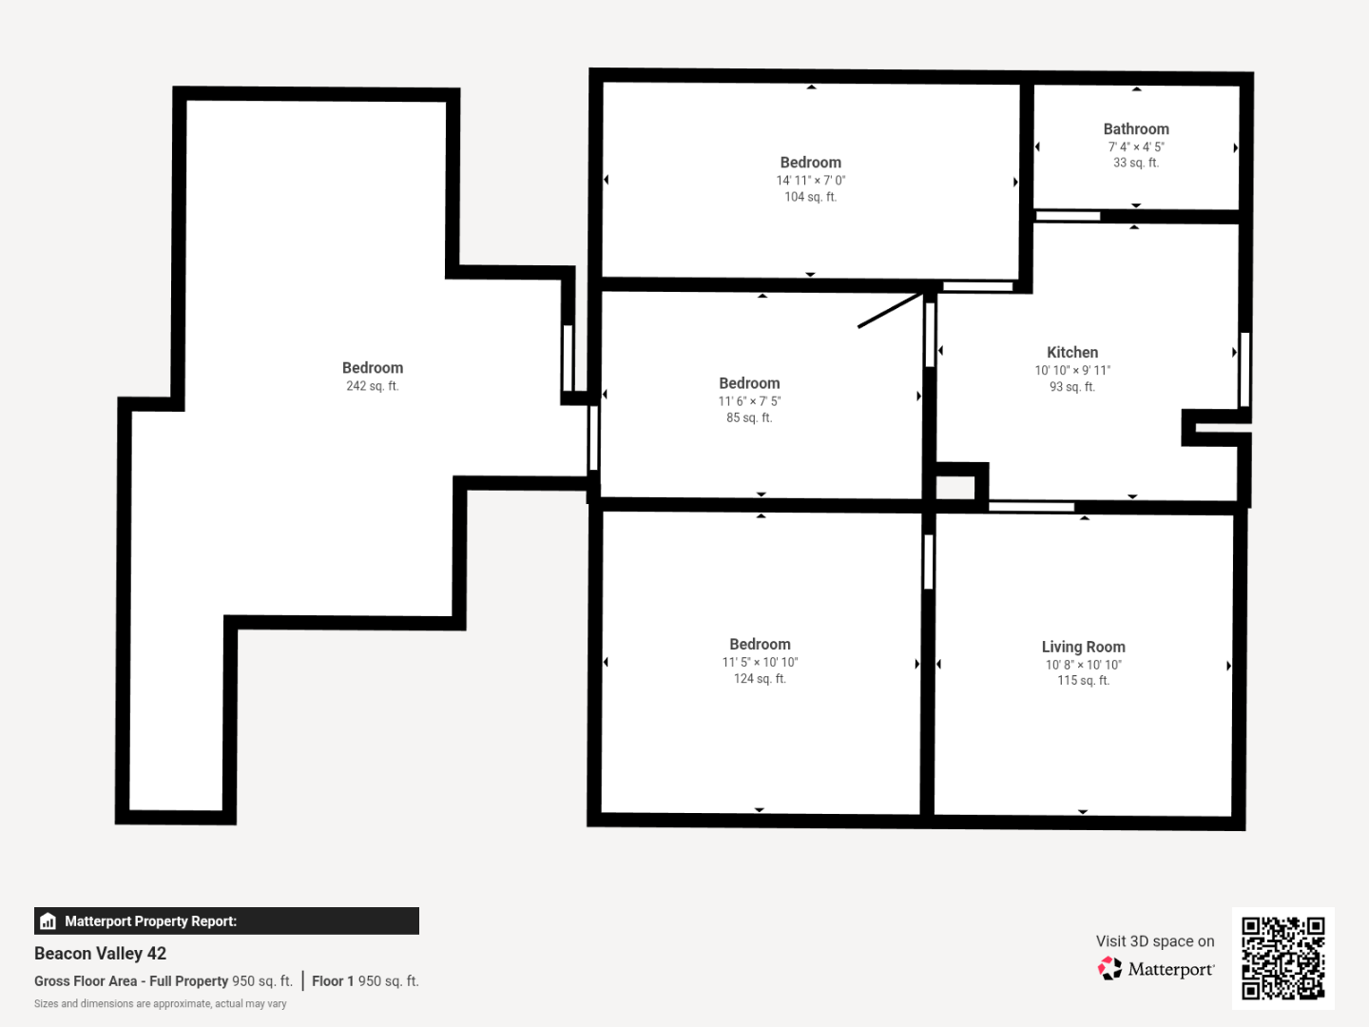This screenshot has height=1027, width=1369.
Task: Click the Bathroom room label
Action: [x=1136, y=129]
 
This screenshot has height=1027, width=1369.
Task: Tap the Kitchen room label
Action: [x=1072, y=352]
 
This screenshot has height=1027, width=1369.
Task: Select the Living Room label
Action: [x=1084, y=647]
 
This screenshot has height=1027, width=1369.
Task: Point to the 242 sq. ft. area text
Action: [x=373, y=386]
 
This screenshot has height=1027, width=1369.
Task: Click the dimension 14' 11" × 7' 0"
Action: [x=810, y=181]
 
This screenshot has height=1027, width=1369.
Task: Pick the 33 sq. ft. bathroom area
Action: [x=1136, y=163]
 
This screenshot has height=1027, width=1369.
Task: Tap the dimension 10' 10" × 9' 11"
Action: [x=1072, y=371]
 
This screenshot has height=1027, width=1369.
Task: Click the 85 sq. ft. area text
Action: [x=749, y=417]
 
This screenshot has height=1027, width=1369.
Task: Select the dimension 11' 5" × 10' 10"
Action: [x=760, y=662]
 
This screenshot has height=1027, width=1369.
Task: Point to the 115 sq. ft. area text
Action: [x=1084, y=680]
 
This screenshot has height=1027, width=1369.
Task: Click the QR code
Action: [x=1282, y=959]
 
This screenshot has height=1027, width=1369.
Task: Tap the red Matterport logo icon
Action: [x=1109, y=968]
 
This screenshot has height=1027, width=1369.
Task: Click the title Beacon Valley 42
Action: [x=100, y=954]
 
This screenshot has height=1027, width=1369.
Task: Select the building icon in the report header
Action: [x=48, y=921]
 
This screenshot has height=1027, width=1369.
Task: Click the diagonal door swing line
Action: [x=891, y=310]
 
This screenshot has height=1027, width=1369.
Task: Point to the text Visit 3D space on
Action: [x=1155, y=941]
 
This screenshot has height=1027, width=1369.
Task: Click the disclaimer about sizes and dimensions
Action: [x=161, y=1004]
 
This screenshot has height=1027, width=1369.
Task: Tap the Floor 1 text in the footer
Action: [x=333, y=980]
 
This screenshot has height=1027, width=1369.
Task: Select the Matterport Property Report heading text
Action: [x=150, y=921]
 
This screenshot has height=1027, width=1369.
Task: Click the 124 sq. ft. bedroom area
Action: [x=760, y=678]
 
